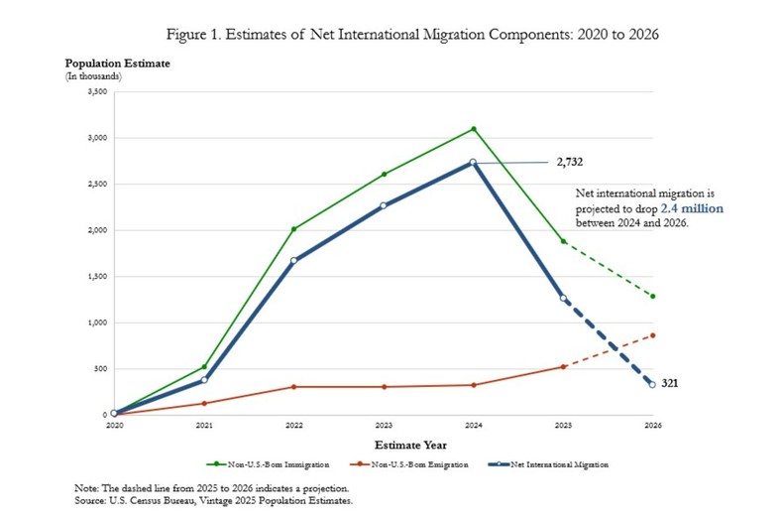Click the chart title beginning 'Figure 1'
coord(391,36)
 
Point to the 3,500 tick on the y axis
coord(97,92)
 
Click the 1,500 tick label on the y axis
coord(97,277)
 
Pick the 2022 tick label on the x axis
coord(294,425)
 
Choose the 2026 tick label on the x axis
coord(652,425)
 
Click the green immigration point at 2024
coord(474,129)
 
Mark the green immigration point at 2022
coord(294,229)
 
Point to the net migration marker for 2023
coord(384,206)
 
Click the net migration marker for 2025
coord(563,298)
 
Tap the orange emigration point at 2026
coord(652,335)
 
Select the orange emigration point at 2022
coord(294,386)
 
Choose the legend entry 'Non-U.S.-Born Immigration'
coord(259,463)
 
